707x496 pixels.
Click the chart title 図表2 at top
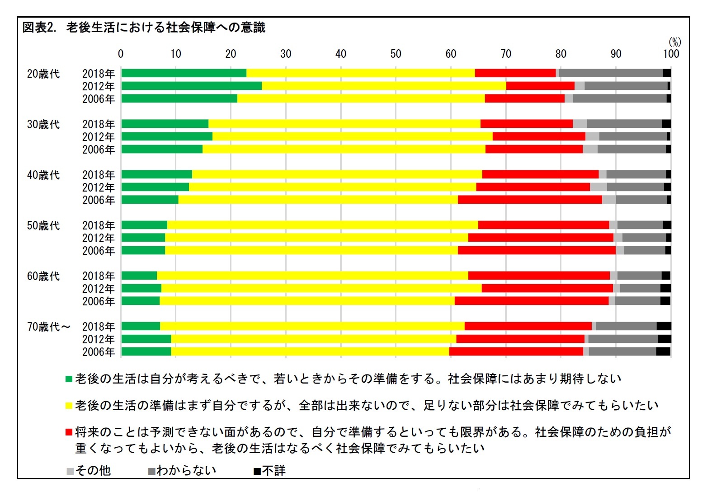(144, 28)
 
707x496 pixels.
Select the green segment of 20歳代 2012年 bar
(191, 86)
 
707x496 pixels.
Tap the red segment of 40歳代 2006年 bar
(529, 200)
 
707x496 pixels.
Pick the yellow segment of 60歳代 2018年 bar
(312, 276)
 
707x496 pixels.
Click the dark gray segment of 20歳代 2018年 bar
(611, 73)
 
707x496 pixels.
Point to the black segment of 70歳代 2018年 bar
(664, 326)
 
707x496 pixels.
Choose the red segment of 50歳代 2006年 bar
(536, 250)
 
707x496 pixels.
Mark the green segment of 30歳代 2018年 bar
(165, 124)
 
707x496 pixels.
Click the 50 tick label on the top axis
(396, 54)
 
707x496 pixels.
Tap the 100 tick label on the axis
(671, 54)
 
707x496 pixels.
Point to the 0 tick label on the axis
(121, 54)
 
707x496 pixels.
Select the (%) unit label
(674, 42)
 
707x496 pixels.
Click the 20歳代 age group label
(43, 74)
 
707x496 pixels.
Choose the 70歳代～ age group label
(49, 327)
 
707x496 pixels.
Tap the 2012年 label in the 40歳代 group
(98, 187)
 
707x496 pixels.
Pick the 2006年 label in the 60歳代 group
(98, 301)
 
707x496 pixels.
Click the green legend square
(69, 379)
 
